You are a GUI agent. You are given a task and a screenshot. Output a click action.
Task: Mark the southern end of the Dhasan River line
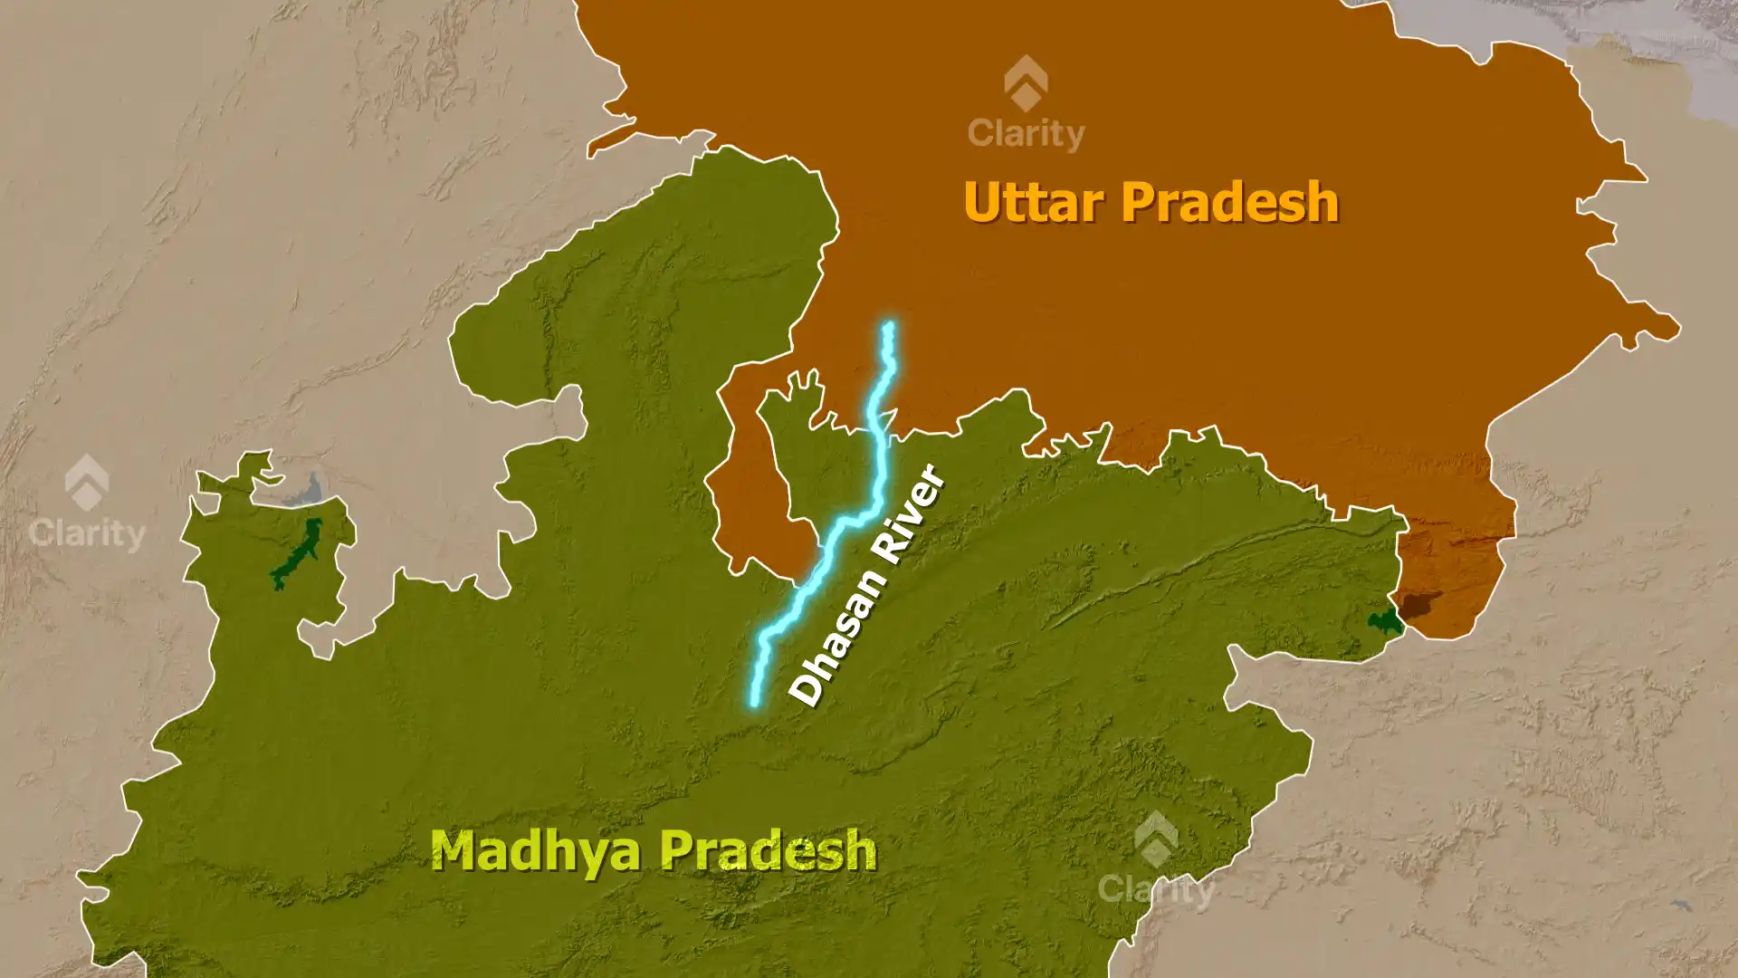pos(753,702)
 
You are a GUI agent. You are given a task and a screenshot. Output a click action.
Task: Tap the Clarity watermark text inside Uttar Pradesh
pos(1026,134)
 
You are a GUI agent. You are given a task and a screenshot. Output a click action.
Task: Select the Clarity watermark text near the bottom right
pos(1156,889)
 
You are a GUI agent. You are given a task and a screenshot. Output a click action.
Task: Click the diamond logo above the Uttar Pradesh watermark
pos(1026,82)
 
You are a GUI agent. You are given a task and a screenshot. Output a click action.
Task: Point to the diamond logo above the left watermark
pos(87,482)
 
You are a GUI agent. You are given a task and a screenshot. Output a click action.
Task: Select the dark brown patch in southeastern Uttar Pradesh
pos(1417,603)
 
